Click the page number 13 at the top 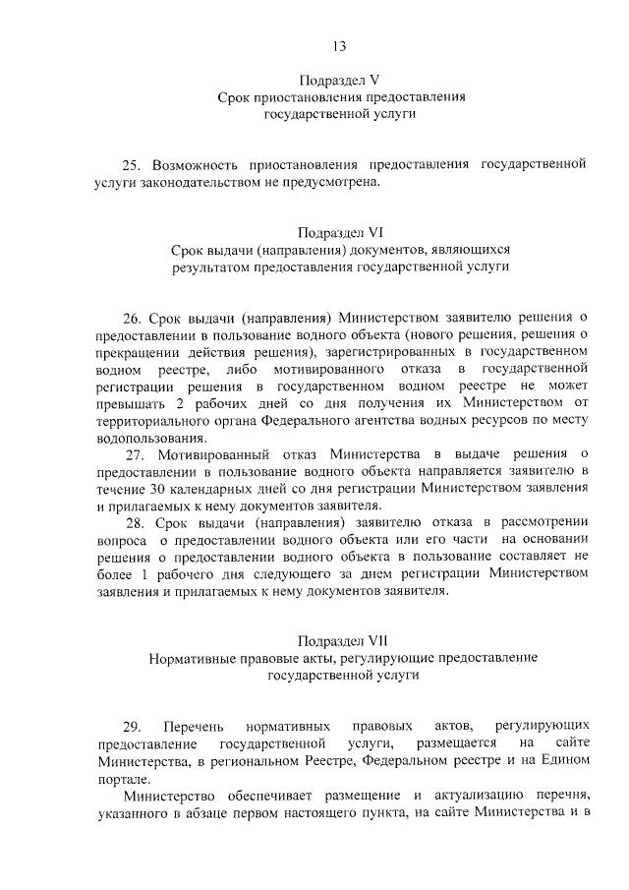pyautogui.click(x=339, y=46)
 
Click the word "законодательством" pyautogui.click(x=197, y=181)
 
